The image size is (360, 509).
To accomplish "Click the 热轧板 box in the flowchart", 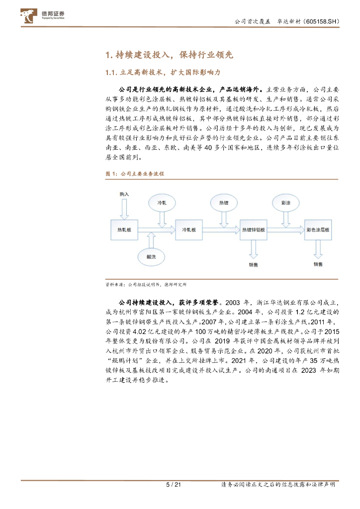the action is point(124,230).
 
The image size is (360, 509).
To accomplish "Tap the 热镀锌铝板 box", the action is point(253,230).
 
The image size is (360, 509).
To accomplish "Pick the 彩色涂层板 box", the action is point(318,230).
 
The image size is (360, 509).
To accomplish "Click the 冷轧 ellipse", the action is point(162,203).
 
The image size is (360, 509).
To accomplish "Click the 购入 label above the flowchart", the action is point(124,194).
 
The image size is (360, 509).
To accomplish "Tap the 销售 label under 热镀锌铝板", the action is point(254,264).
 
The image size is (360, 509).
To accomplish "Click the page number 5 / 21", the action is point(173,485).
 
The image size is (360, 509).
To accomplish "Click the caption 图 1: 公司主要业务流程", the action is point(134,174).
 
